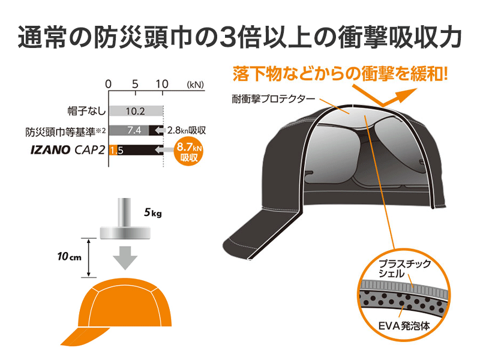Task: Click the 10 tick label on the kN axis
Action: click(x=163, y=84)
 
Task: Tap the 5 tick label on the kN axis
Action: click(x=136, y=84)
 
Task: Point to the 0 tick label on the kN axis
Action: click(x=108, y=84)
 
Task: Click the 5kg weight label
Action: click(x=153, y=212)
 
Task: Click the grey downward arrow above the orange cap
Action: click(x=125, y=257)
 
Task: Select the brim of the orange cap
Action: click(x=78, y=336)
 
